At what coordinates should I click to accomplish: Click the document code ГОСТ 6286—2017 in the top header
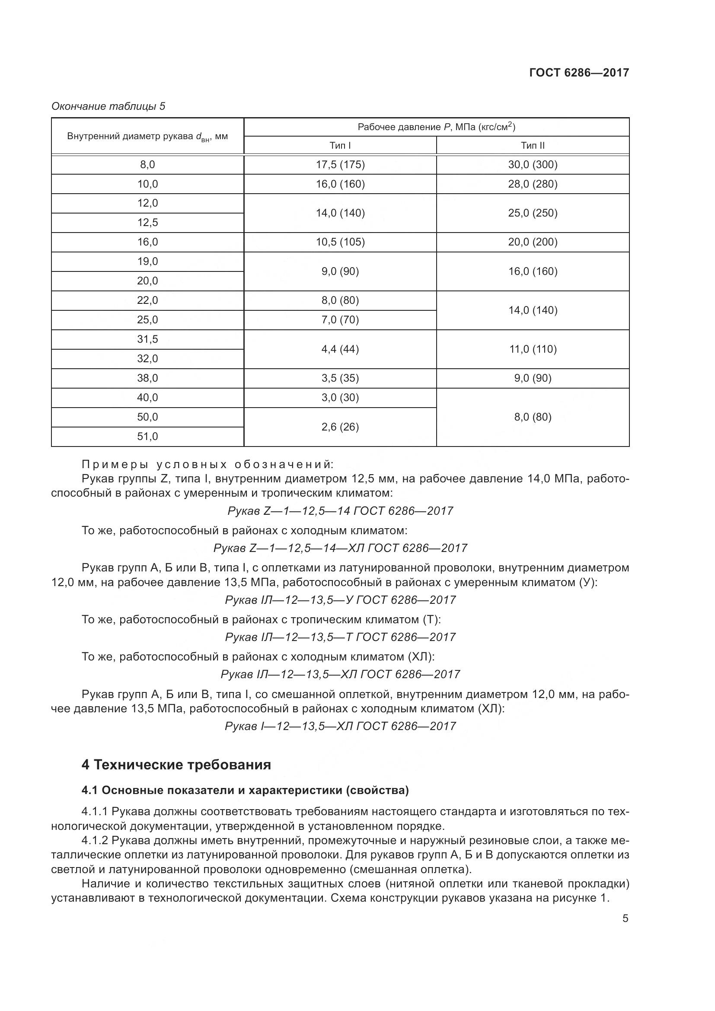pos(578,73)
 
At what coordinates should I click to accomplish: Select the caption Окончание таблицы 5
pos(109,106)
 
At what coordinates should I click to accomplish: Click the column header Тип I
pos(340,145)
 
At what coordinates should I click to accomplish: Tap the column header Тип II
pos(533,145)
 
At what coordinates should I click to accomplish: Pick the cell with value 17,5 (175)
pos(340,165)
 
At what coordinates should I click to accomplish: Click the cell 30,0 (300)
pos(533,165)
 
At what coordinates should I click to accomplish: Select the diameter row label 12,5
pos(147,223)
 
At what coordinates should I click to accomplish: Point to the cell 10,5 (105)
pos(340,242)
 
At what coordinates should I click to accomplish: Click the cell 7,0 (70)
pos(340,320)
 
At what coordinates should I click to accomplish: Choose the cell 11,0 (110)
pos(533,349)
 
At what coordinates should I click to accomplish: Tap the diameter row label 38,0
pos(147,378)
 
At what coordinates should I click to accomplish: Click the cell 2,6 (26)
pos(340,427)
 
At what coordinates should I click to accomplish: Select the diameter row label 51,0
pos(147,437)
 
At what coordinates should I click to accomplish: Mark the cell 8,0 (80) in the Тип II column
pos(533,417)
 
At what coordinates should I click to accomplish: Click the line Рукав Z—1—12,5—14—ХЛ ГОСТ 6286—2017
pos(340,548)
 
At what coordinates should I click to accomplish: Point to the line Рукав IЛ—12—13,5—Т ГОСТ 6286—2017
pos(340,637)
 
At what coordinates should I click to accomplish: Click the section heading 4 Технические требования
pos(176,765)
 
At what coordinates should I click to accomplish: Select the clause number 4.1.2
pos(95,841)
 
